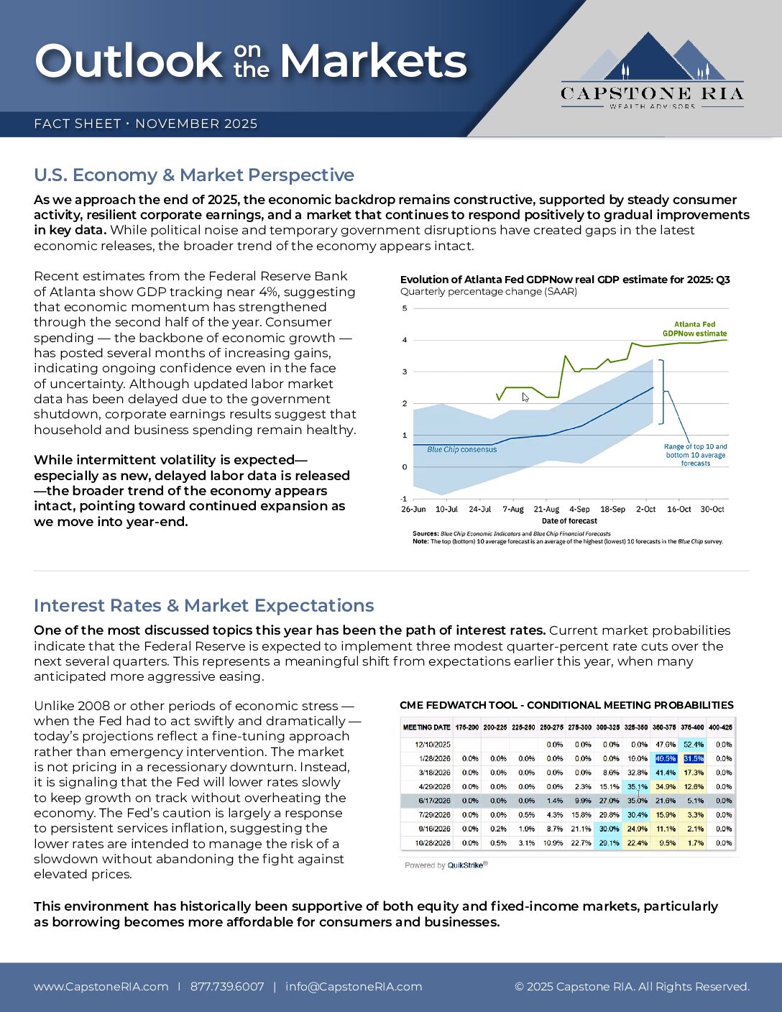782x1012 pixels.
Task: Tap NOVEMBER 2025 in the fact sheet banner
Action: [x=196, y=124]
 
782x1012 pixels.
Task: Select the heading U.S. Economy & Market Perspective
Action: [x=194, y=175]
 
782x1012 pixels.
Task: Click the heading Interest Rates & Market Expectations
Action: [x=204, y=606]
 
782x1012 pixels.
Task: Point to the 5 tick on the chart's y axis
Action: [x=405, y=308]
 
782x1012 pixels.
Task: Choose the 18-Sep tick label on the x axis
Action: [x=612, y=510]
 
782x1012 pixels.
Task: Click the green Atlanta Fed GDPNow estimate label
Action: [x=694, y=329]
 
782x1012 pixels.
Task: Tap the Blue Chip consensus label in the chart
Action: [x=461, y=450]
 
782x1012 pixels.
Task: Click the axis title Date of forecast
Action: [x=569, y=521]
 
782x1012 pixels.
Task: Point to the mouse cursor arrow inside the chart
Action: [x=525, y=397]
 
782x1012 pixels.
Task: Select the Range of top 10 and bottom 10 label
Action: [x=695, y=455]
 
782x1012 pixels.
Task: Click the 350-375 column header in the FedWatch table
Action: [x=665, y=727]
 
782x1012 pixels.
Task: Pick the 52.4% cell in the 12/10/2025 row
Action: [x=694, y=745]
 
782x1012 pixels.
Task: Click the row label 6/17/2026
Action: [x=434, y=801]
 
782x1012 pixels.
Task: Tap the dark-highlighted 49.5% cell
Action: [x=666, y=759]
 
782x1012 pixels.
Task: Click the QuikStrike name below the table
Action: [x=465, y=865]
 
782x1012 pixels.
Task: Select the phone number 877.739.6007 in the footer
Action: [x=227, y=987]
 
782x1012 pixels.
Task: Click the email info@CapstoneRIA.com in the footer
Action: [x=354, y=987]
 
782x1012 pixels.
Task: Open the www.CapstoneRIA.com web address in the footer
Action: [x=101, y=987]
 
